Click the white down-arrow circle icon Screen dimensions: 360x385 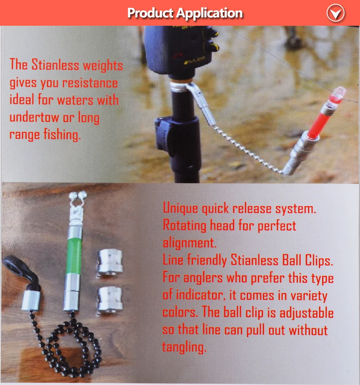[336, 13]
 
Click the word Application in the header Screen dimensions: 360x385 [209, 13]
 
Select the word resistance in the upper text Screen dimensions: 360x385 [90, 83]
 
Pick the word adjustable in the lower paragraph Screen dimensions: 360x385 [307, 313]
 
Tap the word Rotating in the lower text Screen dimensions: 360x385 [185, 225]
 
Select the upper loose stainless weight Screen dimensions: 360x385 [110, 263]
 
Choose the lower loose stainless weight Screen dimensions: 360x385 [110, 300]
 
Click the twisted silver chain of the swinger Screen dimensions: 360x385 [248, 150]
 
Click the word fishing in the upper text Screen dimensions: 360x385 [62, 135]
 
